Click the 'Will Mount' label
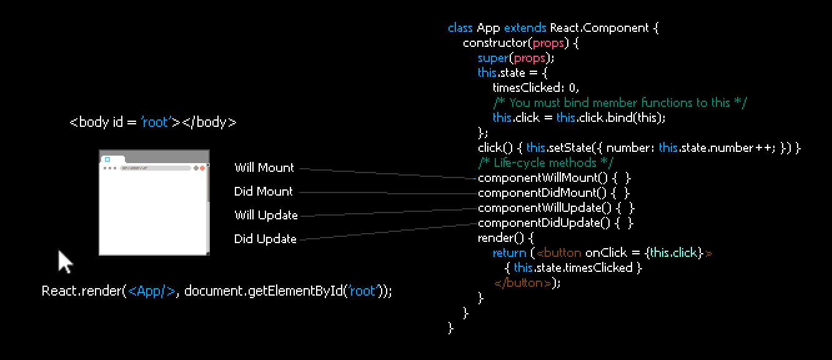click(264, 167)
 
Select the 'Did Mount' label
click(264, 191)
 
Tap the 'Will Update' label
click(266, 215)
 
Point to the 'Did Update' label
click(265, 239)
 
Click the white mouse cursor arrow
click(65, 261)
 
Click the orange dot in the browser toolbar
click(202, 168)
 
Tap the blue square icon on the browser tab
click(107, 159)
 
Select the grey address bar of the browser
click(156, 168)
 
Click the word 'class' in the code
click(460, 28)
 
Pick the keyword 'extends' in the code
click(525, 28)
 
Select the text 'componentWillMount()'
click(543, 178)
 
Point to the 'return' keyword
click(509, 253)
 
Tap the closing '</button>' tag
click(523, 283)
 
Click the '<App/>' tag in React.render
click(151, 291)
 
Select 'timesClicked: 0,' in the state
click(535, 87)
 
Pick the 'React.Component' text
click(599, 28)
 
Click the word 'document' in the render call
click(214, 291)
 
